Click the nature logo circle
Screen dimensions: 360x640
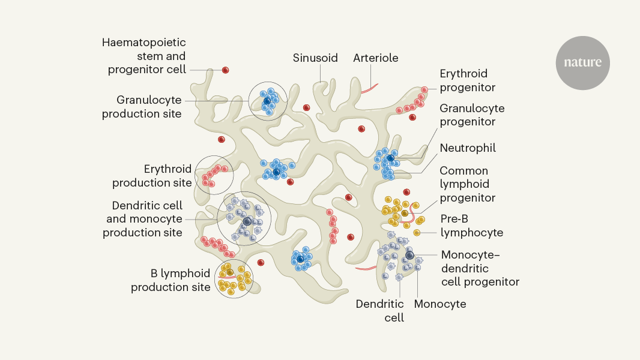582,62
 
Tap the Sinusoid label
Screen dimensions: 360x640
315,58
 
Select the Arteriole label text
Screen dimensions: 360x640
376,58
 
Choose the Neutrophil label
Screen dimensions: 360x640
468,148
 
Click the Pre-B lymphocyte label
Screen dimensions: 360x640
471,226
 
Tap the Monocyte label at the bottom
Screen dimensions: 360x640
440,304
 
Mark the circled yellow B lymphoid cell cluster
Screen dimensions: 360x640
234,278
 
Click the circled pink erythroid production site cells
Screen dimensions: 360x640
214,175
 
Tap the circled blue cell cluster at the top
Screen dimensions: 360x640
268,101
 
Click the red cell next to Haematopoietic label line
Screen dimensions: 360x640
226,70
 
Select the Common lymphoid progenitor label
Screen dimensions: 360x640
468,184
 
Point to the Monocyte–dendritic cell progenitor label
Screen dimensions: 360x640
480,268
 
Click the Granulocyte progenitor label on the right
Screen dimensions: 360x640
472,115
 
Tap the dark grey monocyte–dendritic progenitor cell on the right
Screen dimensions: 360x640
409,255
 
